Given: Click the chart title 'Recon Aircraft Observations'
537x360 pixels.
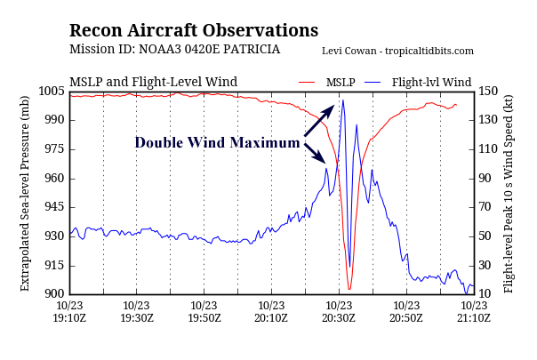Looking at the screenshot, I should tap(193, 30).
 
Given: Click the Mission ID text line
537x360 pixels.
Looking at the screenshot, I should tap(174, 50).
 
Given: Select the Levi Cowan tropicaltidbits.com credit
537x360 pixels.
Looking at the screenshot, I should tap(397, 52).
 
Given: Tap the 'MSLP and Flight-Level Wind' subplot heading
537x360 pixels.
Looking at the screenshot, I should tap(153, 82).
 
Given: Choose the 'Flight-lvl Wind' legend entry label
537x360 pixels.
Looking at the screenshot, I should tap(431, 82).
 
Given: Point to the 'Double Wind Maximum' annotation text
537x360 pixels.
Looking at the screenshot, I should tap(217, 142).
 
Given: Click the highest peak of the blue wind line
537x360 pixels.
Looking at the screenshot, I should tap(343, 100).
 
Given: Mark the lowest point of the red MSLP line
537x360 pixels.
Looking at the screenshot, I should tap(349, 289).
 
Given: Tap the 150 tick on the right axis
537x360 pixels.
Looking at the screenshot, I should tap(487, 92).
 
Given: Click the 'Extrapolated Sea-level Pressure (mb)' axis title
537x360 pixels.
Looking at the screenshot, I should tap(25, 193).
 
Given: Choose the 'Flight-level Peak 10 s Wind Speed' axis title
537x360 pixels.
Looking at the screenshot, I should tap(509, 193).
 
